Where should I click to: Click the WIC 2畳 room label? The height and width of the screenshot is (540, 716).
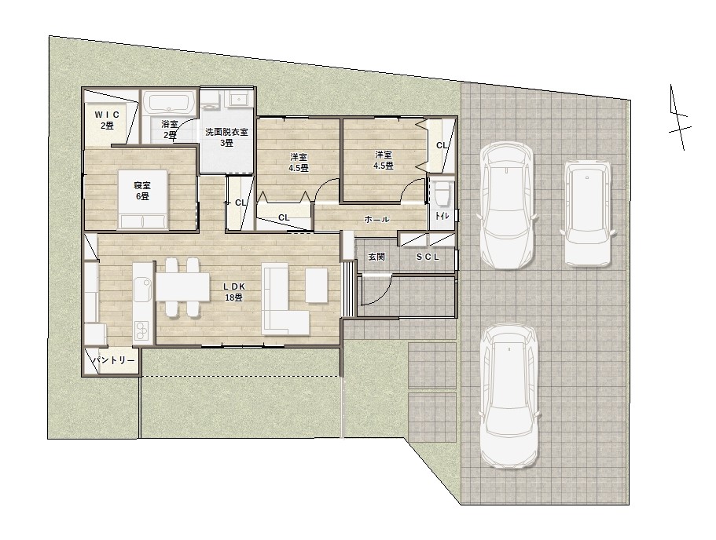[x=107, y=120]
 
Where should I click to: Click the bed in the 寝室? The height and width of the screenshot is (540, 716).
[x=143, y=199]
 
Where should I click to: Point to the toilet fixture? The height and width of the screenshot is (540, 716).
[x=442, y=193]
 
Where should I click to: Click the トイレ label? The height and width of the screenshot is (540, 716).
[x=441, y=216]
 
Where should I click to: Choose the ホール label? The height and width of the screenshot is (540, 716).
[x=376, y=220]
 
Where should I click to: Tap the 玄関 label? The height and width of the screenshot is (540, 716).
[x=376, y=257]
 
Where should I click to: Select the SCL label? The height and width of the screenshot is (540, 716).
[x=428, y=257]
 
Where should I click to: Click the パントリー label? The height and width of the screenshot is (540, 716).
[x=114, y=361]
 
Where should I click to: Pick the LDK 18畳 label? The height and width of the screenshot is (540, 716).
[x=233, y=292]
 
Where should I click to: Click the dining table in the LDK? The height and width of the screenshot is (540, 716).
[x=182, y=287]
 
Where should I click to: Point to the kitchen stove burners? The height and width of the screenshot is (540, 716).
[x=142, y=330]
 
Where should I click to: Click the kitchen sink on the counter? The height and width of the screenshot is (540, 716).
[x=143, y=288]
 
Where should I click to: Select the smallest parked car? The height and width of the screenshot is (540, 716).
[x=587, y=213]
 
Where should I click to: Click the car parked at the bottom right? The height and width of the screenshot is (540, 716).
[x=509, y=396]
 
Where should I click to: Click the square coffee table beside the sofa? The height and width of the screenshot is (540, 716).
[x=317, y=286]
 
